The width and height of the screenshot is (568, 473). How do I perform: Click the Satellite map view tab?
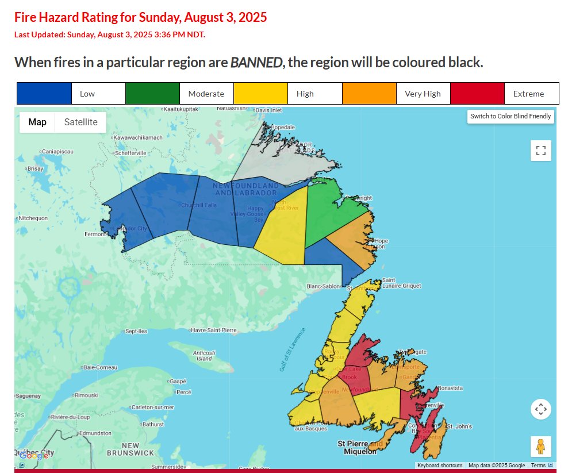coord(80,122)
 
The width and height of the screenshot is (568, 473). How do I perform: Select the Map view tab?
coord(37,122)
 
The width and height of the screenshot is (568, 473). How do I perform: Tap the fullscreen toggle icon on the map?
coord(540,151)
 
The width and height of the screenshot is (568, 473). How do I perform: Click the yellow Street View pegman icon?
coord(540,446)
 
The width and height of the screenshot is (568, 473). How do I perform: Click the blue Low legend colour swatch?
coord(44,94)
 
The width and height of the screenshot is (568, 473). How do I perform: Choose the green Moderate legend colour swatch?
coord(152,94)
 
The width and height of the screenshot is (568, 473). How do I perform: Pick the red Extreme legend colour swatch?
coord(477,94)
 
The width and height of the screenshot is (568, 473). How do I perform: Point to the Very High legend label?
coord(423,94)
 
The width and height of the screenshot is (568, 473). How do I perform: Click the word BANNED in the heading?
coord(256,62)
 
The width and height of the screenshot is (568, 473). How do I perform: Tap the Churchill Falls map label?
coord(198,205)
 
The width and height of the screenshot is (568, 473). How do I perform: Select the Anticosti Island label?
coord(204,355)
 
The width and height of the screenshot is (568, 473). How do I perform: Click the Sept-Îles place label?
coord(136,332)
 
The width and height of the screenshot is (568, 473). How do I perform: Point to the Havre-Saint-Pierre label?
coord(214,330)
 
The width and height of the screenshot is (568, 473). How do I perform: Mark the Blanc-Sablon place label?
coord(324,286)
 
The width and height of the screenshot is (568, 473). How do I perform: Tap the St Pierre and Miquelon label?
coord(360,447)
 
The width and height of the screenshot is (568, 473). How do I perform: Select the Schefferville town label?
coord(131,153)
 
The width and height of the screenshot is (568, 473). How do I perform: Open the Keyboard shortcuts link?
coord(440,466)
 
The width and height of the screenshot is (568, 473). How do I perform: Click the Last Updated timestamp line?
coord(109,34)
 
